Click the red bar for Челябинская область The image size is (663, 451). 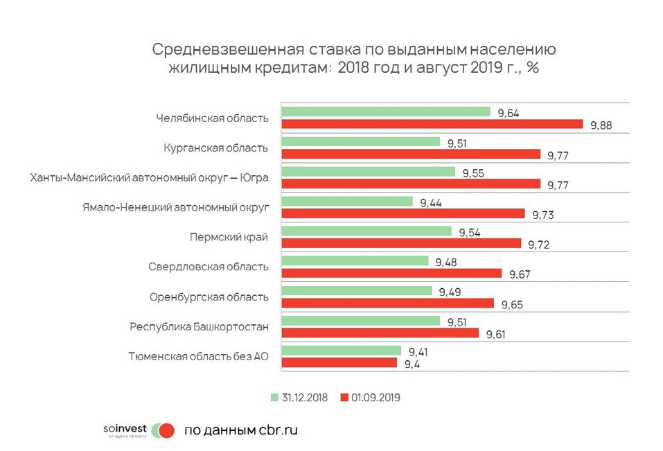432,124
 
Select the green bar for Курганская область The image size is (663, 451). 360,141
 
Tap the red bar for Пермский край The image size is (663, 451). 400,243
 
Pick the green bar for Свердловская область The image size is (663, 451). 355,261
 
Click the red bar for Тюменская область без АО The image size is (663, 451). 339,362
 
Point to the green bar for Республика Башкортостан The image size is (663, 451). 360,321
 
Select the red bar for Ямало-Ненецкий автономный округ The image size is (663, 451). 403,213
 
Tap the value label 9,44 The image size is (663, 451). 432,202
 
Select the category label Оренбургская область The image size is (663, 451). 209,297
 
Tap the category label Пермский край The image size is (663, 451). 229,237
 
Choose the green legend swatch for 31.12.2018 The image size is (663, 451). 274,398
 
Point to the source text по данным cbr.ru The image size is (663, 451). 240,430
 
